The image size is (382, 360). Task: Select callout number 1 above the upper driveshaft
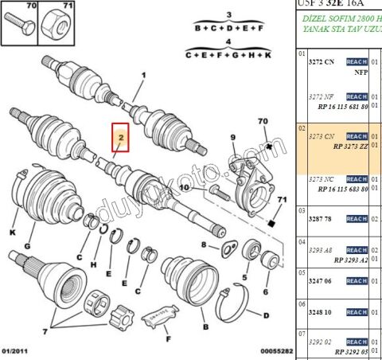pyautogui.click(x=144, y=77)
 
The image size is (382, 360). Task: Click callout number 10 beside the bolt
pyautogui.click(x=184, y=188)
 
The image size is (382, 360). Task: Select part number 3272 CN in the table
pyautogui.click(x=322, y=61)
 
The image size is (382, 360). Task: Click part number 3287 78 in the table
pyautogui.click(x=322, y=217)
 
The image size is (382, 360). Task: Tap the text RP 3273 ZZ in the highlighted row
pyautogui.click(x=350, y=147)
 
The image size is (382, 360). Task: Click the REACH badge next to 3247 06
pyautogui.click(x=356, y=281)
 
